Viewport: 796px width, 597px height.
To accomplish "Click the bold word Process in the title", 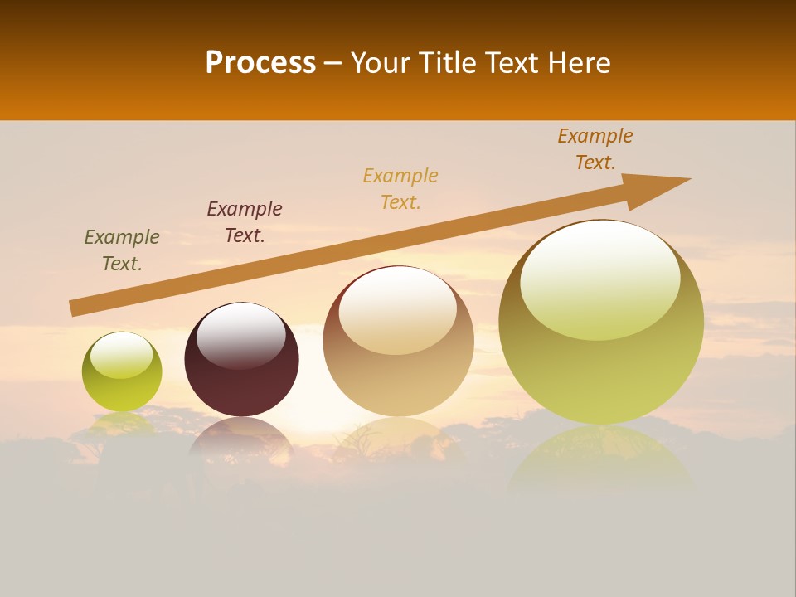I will (260, 63).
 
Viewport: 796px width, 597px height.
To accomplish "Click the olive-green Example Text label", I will (122, 250).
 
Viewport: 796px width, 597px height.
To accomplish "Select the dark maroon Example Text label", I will (245, 221).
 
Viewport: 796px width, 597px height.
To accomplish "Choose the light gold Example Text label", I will (400, 188).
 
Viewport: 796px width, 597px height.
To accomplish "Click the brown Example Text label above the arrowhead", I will (595, 148).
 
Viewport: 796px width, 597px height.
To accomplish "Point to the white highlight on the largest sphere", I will (599, 279).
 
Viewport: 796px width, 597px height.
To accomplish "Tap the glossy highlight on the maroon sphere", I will (240, 336).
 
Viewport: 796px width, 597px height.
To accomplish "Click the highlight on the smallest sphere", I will (121, 356).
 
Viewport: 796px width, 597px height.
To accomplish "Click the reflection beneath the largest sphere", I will (601, 460).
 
